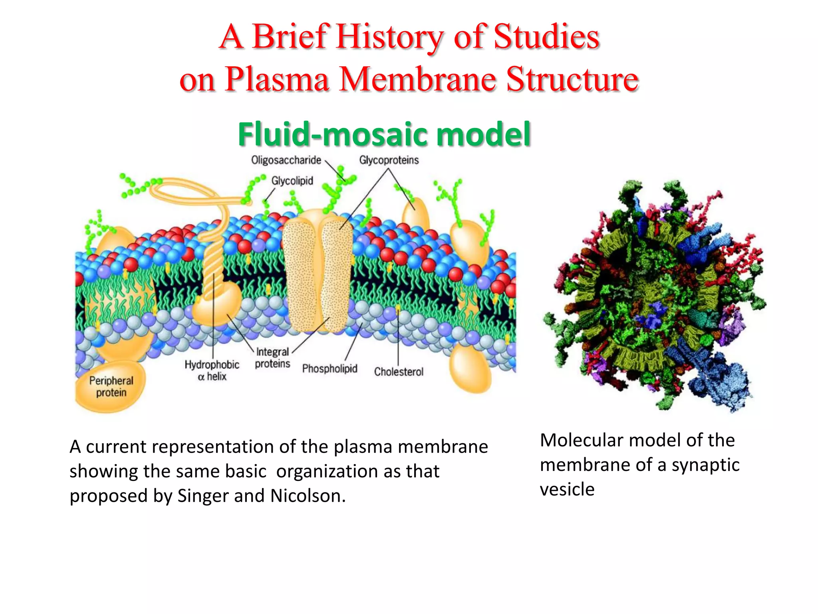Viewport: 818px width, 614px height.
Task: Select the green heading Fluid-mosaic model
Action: pyautogui.click(x=384, y=134)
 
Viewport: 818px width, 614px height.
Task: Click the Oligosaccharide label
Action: pyautogui.click(x=286, y=160)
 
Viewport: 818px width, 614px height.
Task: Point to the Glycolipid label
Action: pyautogui.click(x=292, y=181)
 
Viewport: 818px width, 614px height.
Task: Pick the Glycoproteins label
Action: pyautogui.click(x=389, y=160)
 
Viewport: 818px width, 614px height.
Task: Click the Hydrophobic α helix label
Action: pyautogui.click(x=212, y=371)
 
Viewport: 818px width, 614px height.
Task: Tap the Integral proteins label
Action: pyautogui.click(x=272, y=358)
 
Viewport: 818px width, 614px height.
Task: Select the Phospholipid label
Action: pyautogui.click(x=330, y=369)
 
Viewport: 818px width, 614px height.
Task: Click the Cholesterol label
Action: pyautogui.click(x=399, y=372)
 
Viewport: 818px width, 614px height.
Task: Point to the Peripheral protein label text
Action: pyautogui.click(x=111, y=387)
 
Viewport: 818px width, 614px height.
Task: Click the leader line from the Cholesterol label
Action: pyautogui.click(x=398, y=340)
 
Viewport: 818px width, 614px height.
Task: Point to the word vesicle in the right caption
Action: pyautogui.click(x=567, y=489)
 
